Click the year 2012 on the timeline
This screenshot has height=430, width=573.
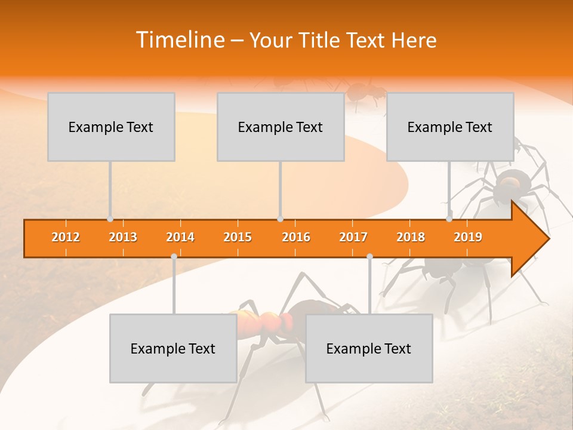[66, 237]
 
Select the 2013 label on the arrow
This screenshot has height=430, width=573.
[123, 237]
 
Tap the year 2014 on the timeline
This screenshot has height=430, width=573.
[180, 237]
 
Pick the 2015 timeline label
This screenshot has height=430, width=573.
[238, 237]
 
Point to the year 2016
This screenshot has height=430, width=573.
[296, 237]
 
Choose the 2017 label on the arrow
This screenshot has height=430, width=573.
[353, 237]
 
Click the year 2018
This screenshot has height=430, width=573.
[411, 237]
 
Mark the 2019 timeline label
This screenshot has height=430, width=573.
[468, 237]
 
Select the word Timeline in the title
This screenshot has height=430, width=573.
[178, 40]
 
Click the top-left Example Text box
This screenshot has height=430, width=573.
[111, 127]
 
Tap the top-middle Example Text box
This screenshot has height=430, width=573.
[281, 127]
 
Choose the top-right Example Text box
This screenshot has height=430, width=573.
[450, 127]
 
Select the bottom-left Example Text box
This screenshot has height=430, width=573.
[173, 348]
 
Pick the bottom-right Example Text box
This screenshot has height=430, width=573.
[369, 348]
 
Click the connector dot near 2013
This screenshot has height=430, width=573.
[110, 219]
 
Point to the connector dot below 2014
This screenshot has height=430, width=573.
[174, 257]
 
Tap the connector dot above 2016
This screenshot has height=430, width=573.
[280, 219]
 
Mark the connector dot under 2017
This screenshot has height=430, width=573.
[369, 257]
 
